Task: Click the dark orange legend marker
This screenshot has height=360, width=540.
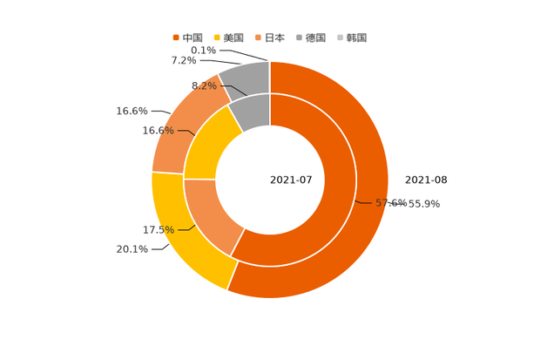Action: click(176, 37)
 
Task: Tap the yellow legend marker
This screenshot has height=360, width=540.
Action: click(216, 37)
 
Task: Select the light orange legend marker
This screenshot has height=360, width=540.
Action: click(259, 37)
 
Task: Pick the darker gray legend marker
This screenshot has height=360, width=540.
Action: click(299, 37)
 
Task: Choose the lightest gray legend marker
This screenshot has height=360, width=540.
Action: click(340, 37)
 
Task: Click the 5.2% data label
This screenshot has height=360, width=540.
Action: click(203, 85)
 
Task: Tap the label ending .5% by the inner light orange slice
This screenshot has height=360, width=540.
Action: click(158, 229)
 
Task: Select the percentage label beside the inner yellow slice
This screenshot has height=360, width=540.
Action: click(158, 131)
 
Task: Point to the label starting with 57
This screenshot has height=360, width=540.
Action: click(408, 203)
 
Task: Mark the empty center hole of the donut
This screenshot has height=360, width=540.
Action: click(269, 180)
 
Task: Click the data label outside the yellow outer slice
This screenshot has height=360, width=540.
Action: click(132, 250)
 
